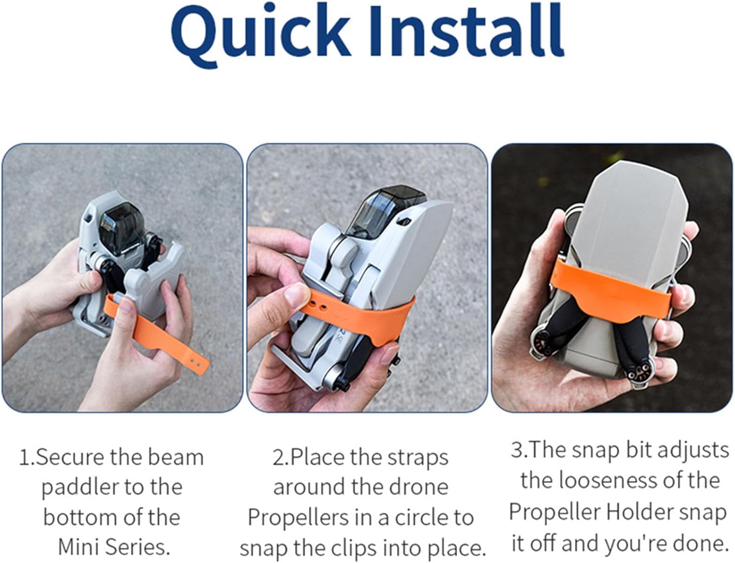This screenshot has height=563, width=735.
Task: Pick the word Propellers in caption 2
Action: coord(298,518)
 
